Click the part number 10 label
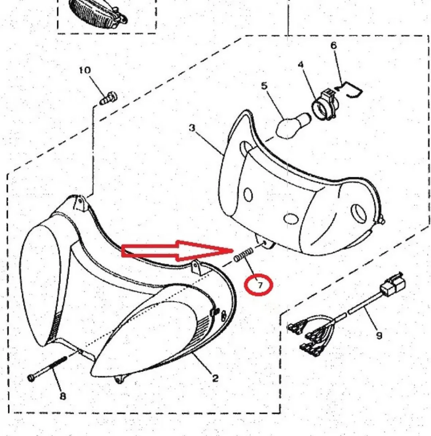pyautogui.click(x=85, y=70)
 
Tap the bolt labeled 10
pyautogui.click(x=109, y=99)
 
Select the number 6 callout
pyautogui.click(x=334, y=46)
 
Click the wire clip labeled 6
pyautogui.click(x=350, y=89)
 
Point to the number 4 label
pyautogui.click(x=301, y=65)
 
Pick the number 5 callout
pyautogui.click(x=264, y=86)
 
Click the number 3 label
pyautogui.click(x=192, y=128)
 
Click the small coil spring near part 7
pyautogui.click(x=243, y=254)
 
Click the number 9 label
pyautogui.click(x=379, y=336)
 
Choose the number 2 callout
pyautogui.click(x=215, y=378)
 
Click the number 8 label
pyautogui.click(x=63, y=396)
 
